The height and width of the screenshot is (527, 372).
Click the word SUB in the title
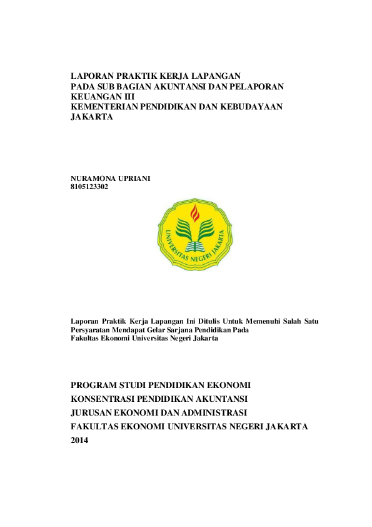click(x=103, y=86)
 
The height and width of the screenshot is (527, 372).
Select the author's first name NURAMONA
click(x=94, y=178)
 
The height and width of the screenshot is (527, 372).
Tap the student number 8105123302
click(x=89, y=187)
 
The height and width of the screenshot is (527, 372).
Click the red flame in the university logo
click(x=194, y=213)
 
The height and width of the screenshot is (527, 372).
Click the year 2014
click(x=80, y=441)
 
